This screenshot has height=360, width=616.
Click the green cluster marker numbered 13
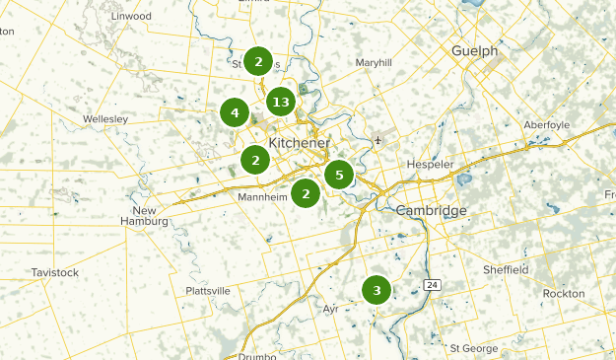click(281, 102)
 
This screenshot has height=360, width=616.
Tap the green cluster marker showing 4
click(235, 113)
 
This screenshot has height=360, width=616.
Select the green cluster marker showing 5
click(339, 176)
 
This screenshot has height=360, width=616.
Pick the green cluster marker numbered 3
click(376, 290)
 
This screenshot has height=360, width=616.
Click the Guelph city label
click(474, 50)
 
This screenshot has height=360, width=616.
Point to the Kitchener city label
click(299, 143)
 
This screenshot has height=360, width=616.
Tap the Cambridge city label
click(431, 211)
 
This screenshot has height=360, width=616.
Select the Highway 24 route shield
click(432, 284)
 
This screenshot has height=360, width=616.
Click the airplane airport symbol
click(378, 139)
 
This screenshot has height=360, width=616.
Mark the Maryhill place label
click(374, 62)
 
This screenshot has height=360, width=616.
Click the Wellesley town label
click(106, 118)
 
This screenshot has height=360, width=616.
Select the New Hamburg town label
click(145, 217)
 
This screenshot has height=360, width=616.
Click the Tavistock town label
click(54, 271)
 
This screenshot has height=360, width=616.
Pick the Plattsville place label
click(208, 291)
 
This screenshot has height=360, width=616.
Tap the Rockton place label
click(563, 294)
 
